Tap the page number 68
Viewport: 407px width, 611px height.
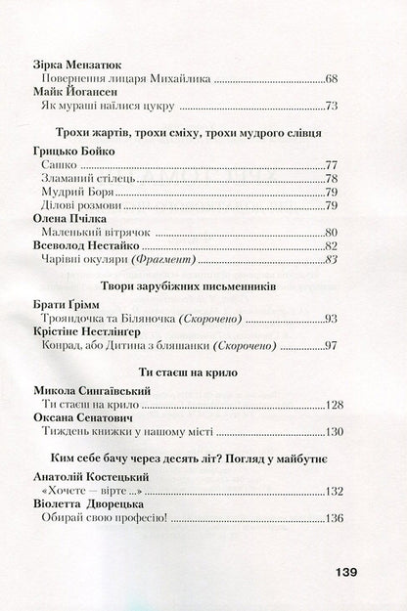pyautogui.click(x=329, y=76)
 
